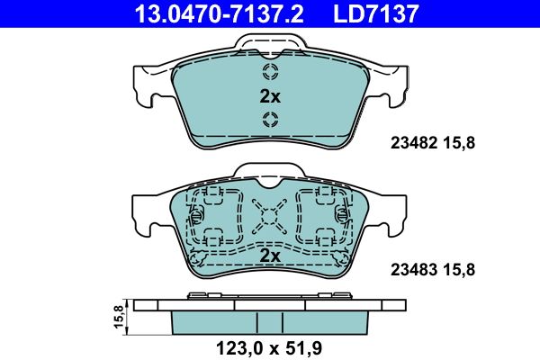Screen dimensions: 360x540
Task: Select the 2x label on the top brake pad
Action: point(269,96)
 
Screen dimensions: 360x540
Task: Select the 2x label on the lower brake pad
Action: point(269,256)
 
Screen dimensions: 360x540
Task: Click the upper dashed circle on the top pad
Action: point(270,73)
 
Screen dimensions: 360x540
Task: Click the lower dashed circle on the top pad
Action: point(270,121)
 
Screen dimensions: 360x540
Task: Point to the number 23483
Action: point(409,268)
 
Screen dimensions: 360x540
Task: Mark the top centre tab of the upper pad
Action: point(270,43)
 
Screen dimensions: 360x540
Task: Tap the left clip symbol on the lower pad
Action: point(196,216)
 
